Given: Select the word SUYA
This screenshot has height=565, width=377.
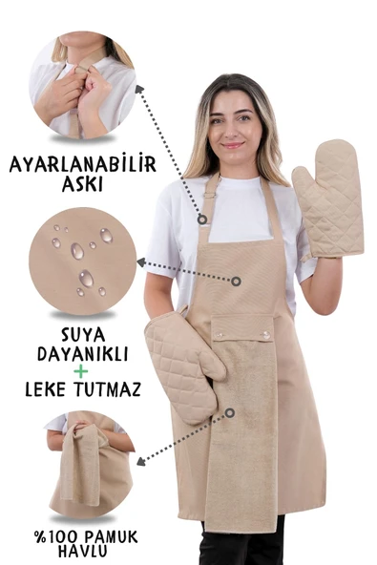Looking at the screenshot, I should pyautogui.click(x=82, y=334).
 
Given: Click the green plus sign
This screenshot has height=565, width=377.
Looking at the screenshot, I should pyautogui.click(x=82, y=370).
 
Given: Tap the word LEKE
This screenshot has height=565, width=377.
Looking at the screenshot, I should pyautogui.click(x=49, y=389).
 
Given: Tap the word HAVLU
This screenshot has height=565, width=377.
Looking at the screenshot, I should pyautogui.click(x=82, y=552).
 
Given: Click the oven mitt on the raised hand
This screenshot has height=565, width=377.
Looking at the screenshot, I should pyautogui.click(x=327, y=200).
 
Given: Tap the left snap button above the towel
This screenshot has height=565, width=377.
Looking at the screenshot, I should pyautogui.click(x=219, y=335).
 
